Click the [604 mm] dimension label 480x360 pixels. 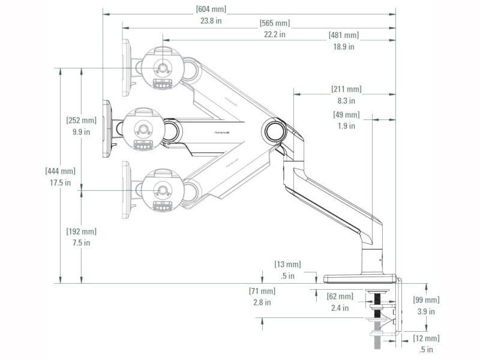point(211,9)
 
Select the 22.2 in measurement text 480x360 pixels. point(274,34)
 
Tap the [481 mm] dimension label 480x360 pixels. point(344,35)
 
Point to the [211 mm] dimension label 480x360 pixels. point(346,89)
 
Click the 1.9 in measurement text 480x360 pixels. point(346,126)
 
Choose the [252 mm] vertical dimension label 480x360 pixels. point(81,121)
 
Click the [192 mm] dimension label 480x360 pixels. point(81,232)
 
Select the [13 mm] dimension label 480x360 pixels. point(287,264)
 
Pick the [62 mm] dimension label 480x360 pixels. point(340,296)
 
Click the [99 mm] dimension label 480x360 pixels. point(426,300)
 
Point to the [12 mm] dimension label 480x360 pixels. point(426,338)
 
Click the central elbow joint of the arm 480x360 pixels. point(274,130)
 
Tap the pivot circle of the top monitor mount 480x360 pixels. point(161,67)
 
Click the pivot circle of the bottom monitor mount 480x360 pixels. point(161,190)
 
